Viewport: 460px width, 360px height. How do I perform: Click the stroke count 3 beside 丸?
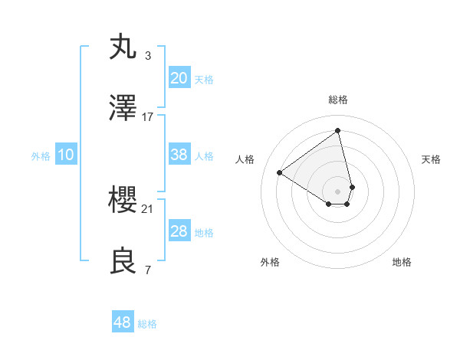tap(148, 55)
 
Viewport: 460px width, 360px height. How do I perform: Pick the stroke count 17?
tap(148, 117)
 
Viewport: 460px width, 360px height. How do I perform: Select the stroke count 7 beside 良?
tap(148, 270)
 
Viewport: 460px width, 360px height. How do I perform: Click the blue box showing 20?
tap(179, 78)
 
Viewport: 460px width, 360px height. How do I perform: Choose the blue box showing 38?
tap(179, 155)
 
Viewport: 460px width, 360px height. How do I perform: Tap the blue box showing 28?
tap(179, 231)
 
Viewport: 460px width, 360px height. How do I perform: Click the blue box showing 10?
tap(66, 155)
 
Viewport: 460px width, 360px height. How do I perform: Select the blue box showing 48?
tap(122, 322)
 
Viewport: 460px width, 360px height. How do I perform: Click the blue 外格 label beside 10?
tap(40, 155)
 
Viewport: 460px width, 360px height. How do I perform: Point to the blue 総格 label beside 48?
tap(147, 324)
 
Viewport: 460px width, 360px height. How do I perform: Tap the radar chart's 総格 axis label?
tap(338, 100)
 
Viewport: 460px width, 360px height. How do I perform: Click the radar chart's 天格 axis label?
tap(431, 159)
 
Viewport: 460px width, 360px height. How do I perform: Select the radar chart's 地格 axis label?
tap(402, 262)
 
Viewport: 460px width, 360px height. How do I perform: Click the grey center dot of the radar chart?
tap(337, 191)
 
